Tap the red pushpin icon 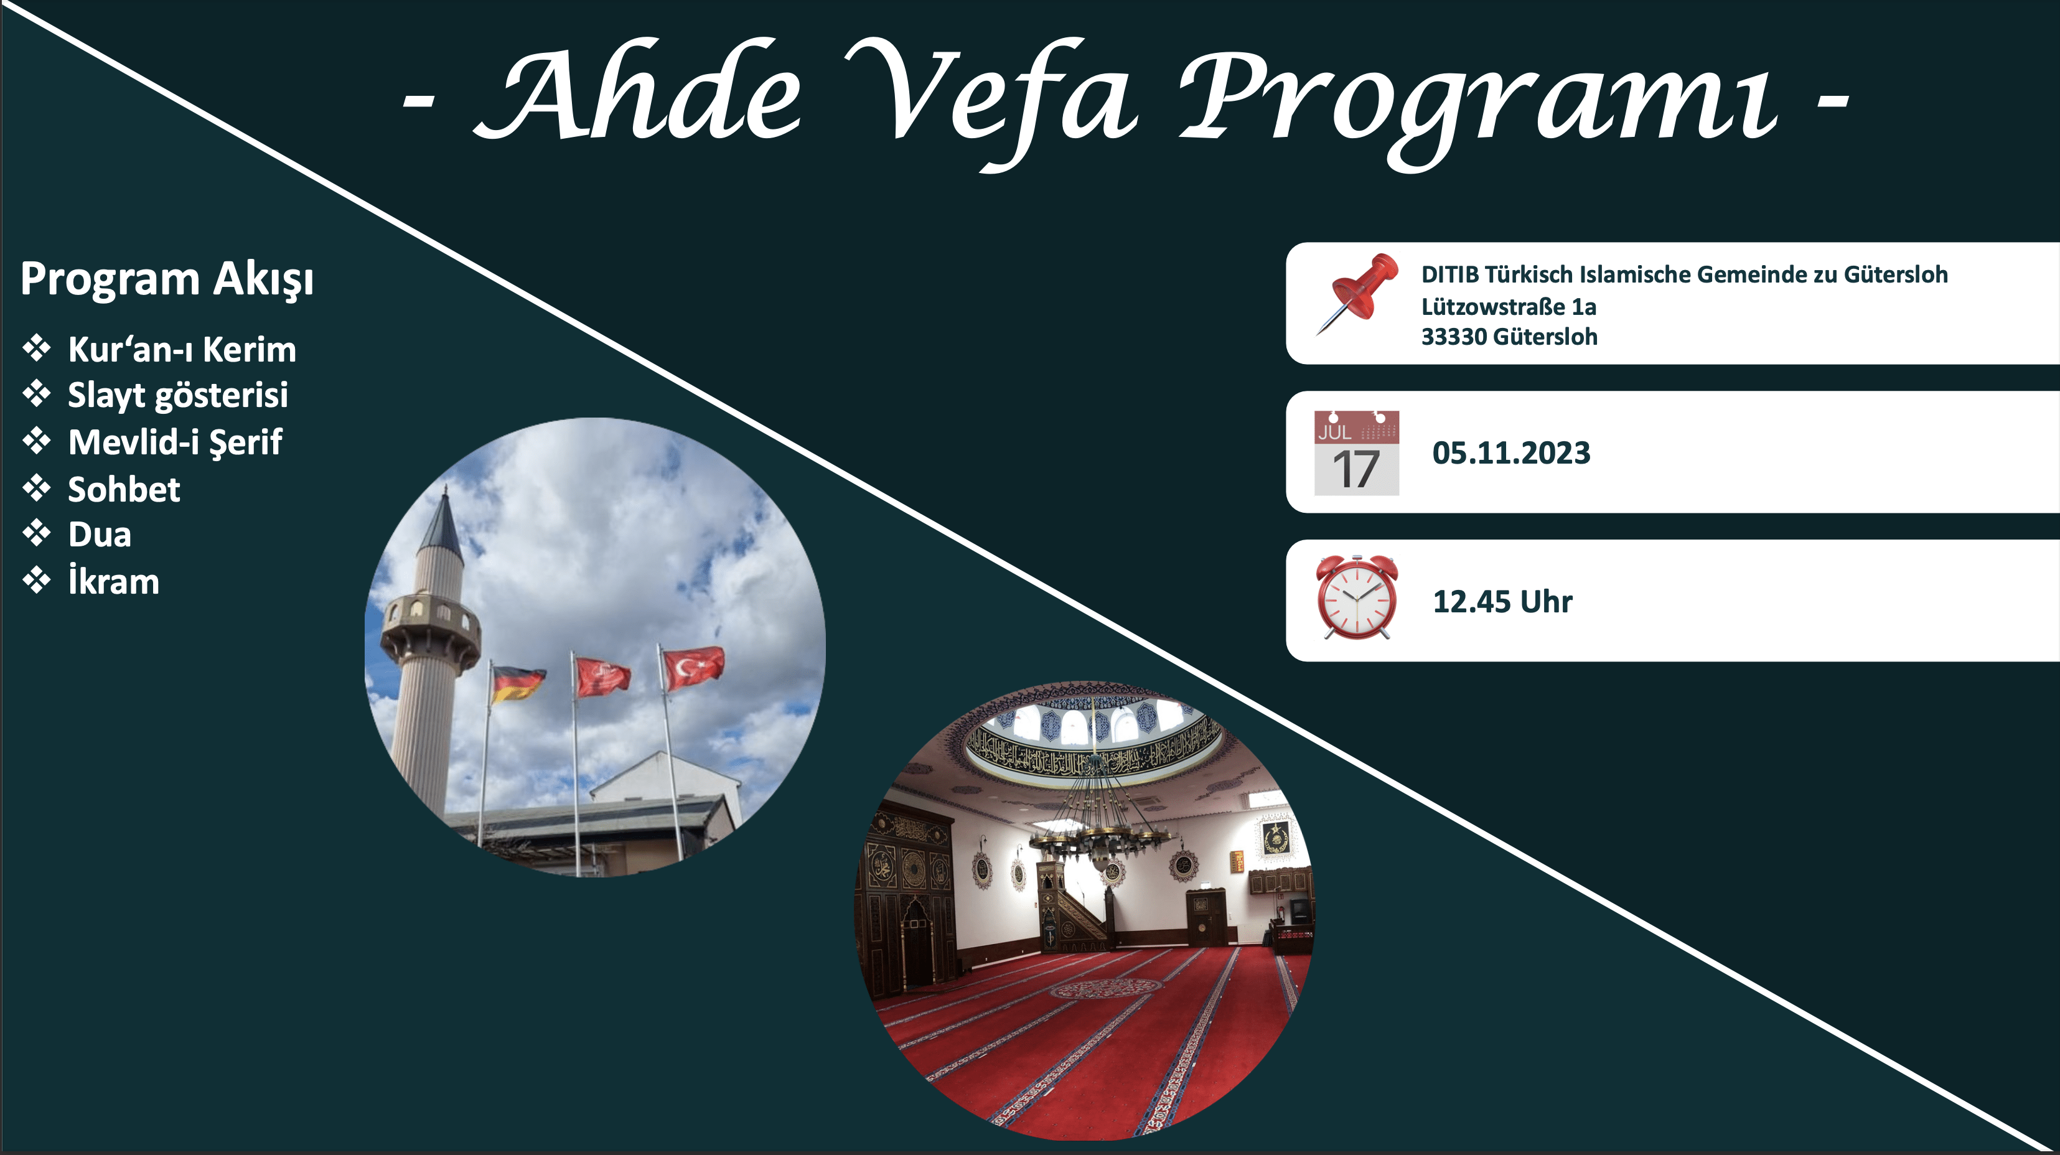[x=1357, y=294]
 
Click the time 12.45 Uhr [x=1502, y=602]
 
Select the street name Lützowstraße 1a [x=1508, y=306]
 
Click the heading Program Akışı [x=167, y=280]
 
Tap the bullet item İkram [x=113, y=579]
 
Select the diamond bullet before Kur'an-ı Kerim [x=37, y=348]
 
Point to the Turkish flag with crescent [x=693, y=667]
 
